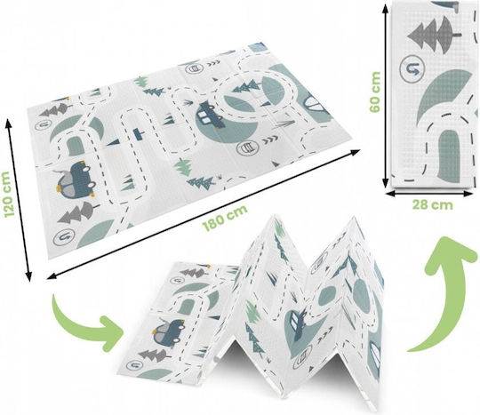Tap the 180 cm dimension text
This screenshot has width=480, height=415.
pos(225,219)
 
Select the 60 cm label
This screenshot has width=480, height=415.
pos(375,92)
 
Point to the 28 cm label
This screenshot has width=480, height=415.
pos(432,204)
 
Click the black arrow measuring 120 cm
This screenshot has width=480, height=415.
pos(19,200)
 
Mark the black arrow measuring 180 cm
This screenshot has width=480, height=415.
pos(203,214)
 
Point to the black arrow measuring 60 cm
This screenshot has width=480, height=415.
pos(386,94)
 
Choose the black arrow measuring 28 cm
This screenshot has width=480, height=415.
pos(429,194)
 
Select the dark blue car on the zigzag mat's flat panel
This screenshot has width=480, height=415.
pos(167,332)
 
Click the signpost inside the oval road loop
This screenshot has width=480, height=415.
pos(138,134)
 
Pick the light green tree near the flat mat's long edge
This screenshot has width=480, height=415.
pos(183,167)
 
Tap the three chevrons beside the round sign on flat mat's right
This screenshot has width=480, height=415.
pos(270,140)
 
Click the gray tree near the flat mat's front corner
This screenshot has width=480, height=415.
pos(77,212)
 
